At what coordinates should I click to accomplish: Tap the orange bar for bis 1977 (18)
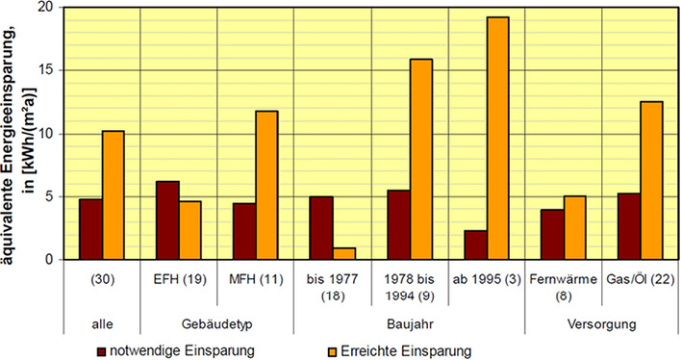344,254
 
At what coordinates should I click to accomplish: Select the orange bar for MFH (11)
267,186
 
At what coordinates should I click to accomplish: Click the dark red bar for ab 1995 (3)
474,245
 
